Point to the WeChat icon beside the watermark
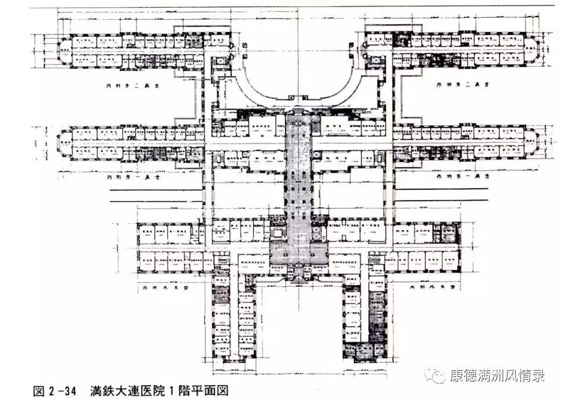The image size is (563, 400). (x=438, y=376)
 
